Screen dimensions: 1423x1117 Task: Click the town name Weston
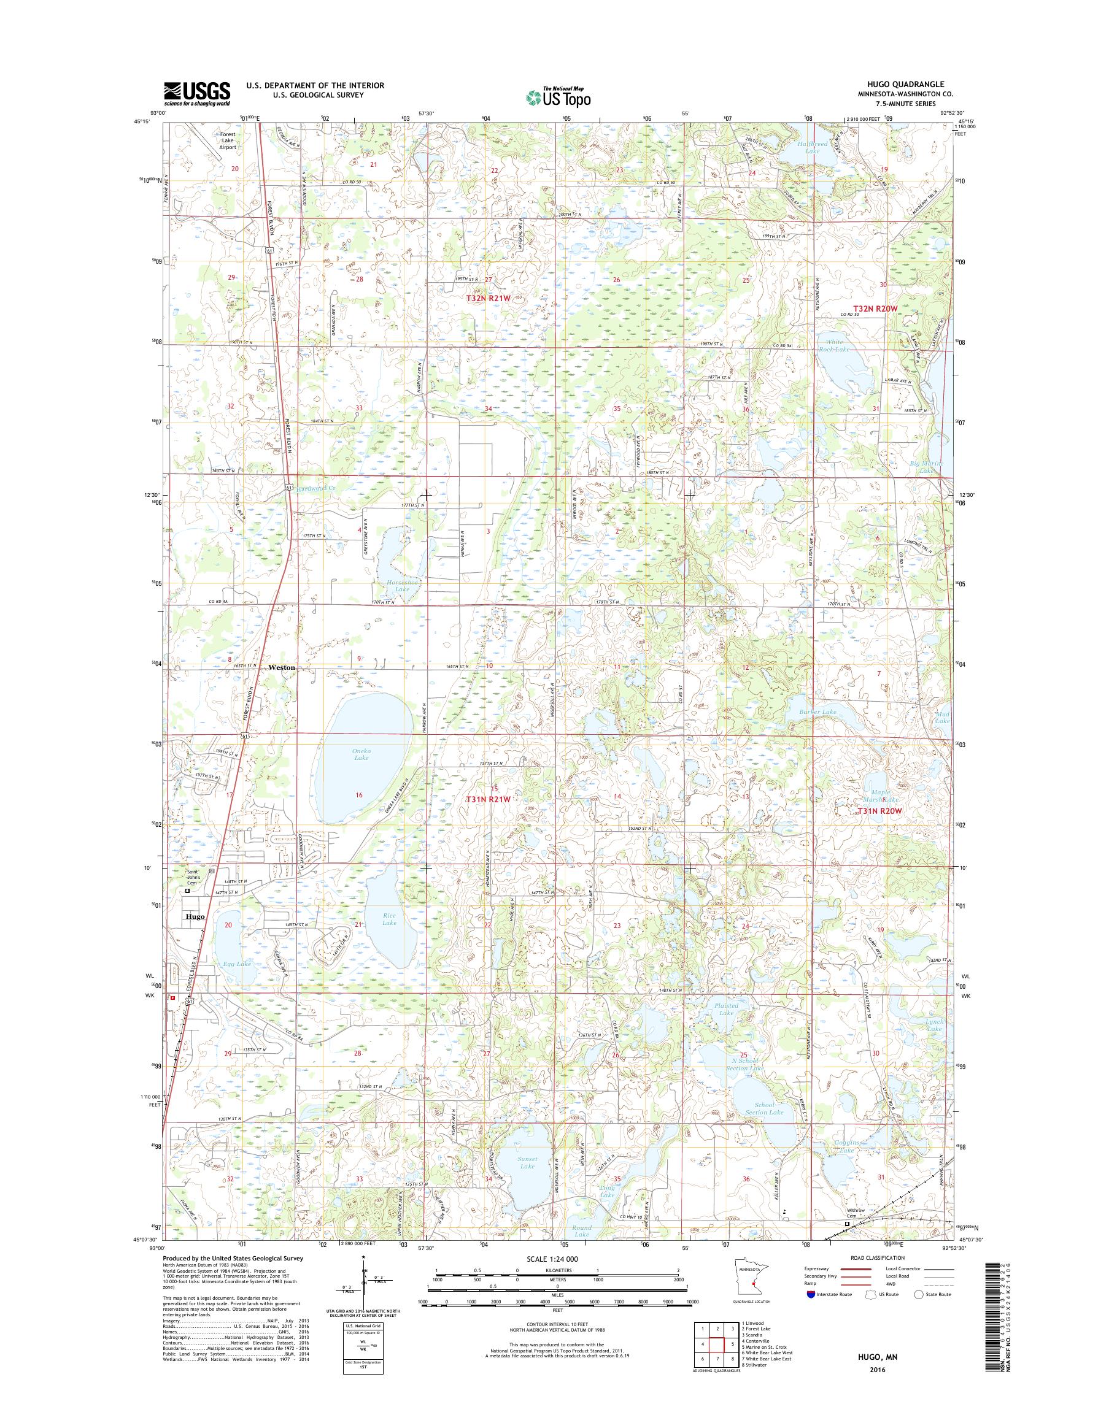pos(282,667)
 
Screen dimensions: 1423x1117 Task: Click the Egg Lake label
pos(236,964)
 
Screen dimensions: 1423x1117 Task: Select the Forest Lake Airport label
pos(228,140)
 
